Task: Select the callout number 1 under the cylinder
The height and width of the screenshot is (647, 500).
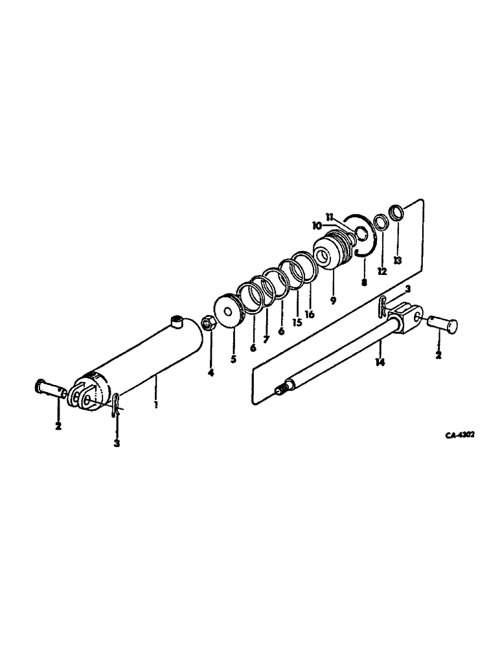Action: pyautogui.click(x=156, y=404)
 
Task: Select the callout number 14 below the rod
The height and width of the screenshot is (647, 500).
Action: pyautogui.click(x=380, y=362)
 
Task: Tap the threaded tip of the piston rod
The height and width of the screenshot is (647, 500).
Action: pyautogui.click(x=283, y=389)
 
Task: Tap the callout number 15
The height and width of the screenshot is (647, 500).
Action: pyautogui.click(x=297, y=322)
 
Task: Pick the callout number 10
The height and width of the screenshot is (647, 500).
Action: pyautogui.click(x=317, y=226)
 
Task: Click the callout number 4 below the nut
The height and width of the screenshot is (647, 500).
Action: pyautogui.click(x=210, y=373)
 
